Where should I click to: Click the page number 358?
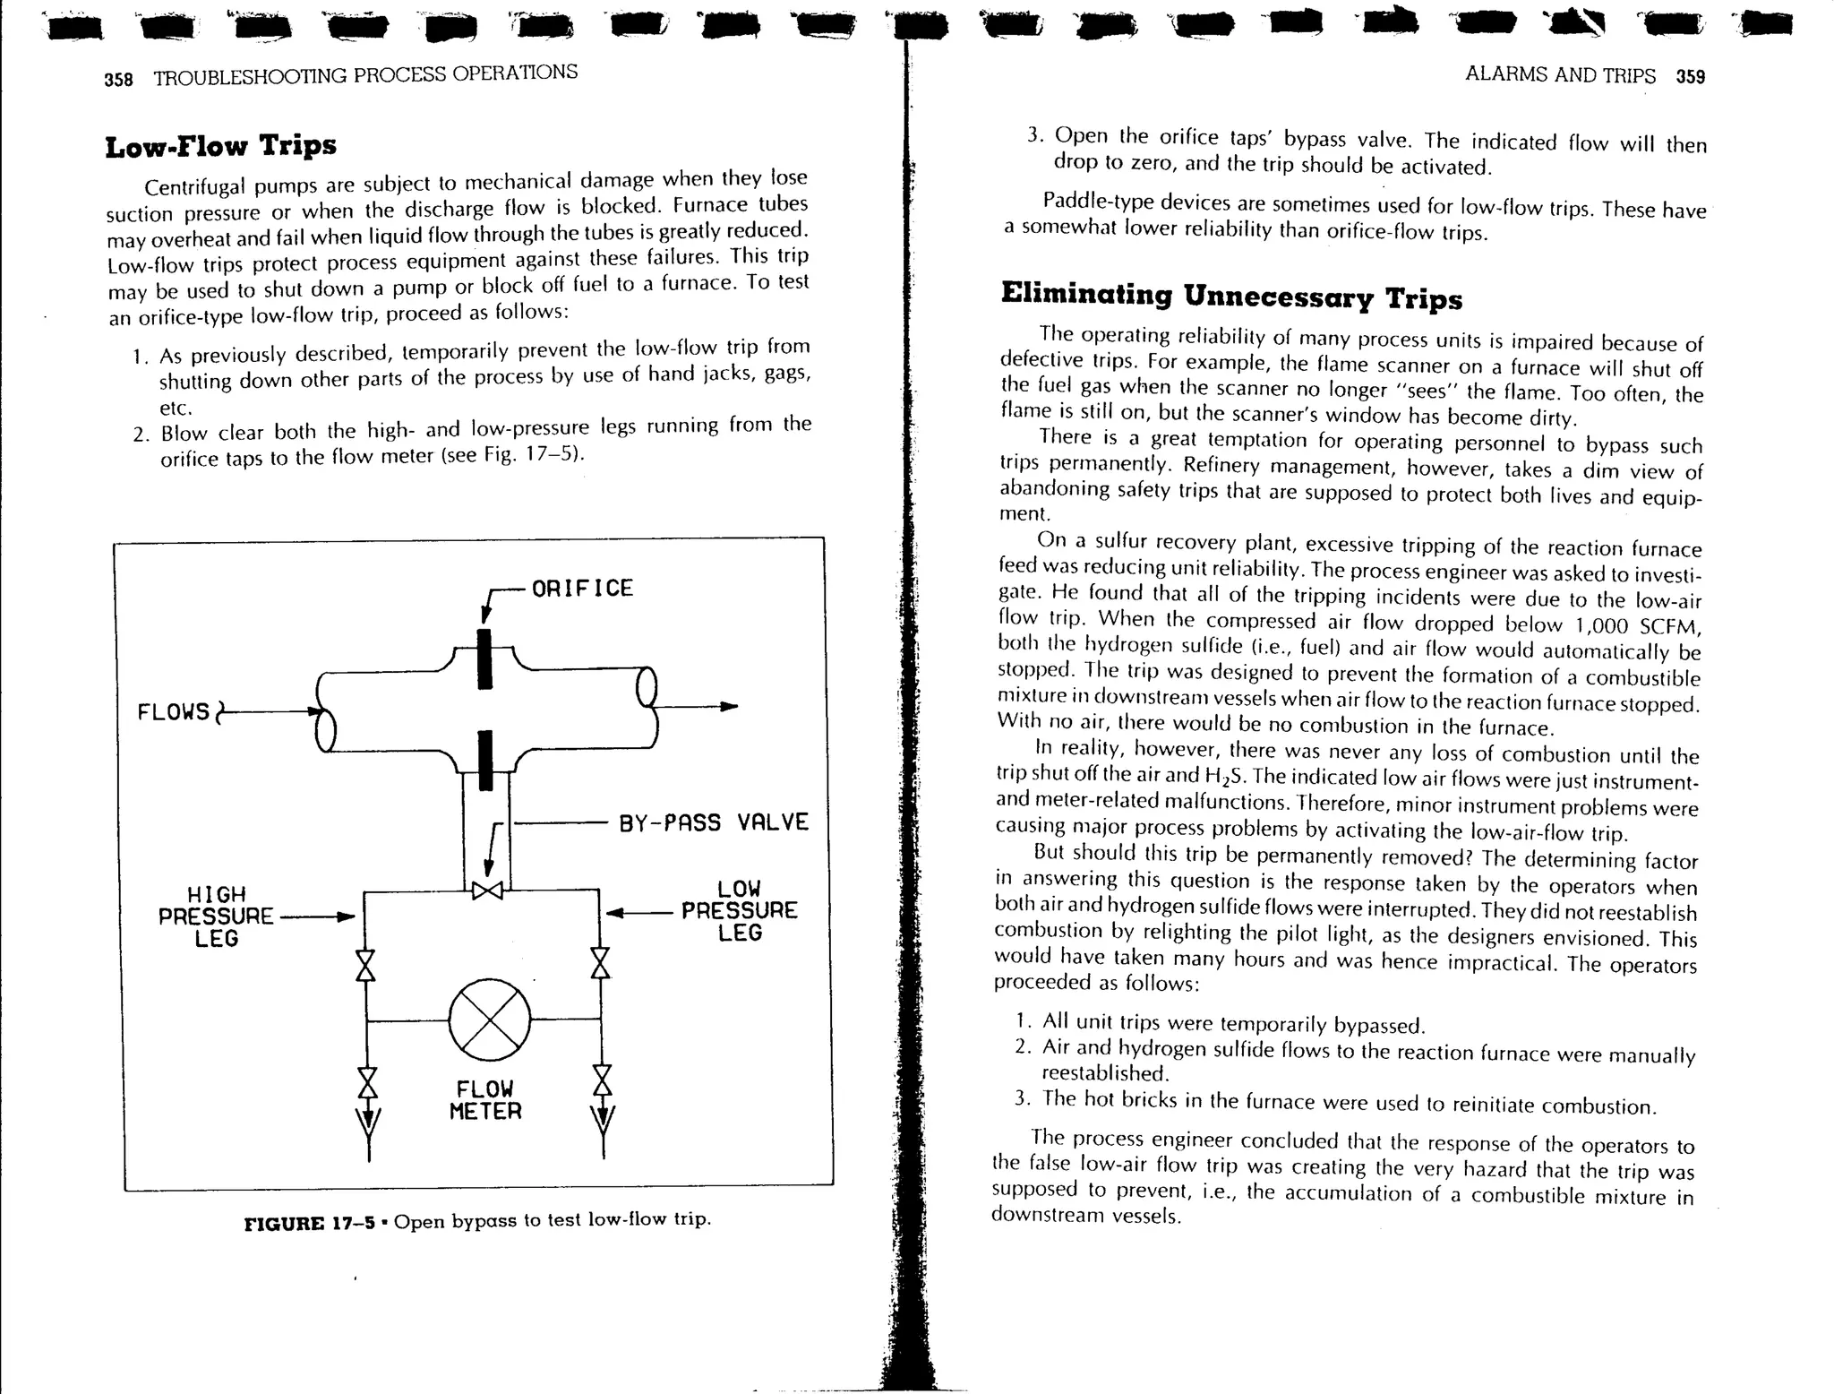(x=118, y=80)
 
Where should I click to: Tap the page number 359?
(x=1691, y=77)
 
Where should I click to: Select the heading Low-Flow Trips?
(x=220, y=146)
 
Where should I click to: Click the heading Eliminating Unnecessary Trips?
(x=1230, y=295)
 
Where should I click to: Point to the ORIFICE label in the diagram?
(x=582, y=589)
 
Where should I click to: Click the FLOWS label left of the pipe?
(x=173, y=712)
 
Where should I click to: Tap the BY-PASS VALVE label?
(x=714, y=822)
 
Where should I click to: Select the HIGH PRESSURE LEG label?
(x=216, y=916)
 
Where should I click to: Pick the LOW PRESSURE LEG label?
(x=739, y=910)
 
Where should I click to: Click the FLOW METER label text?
(x=484, y=1100)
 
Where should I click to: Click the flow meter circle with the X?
(x=489, y=1020)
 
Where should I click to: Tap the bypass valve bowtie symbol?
(x=488, y=891)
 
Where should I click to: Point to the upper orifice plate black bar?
(x=484, y=658)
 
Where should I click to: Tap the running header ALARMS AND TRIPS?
(x=1560, y=75)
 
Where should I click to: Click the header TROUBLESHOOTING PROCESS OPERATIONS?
(x=365, y=74)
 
